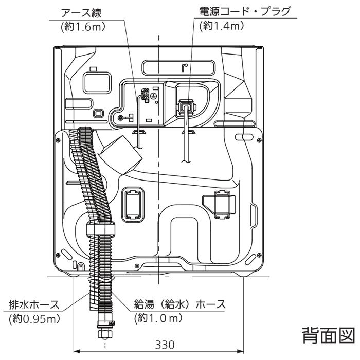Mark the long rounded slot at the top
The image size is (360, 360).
(182, 67)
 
